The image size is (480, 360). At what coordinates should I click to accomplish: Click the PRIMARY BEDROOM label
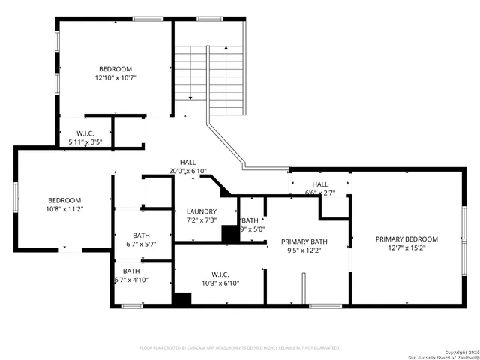pyautogui.click(x=406, y=239)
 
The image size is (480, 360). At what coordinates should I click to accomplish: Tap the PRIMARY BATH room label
pyautogui.click(x=304, y=241)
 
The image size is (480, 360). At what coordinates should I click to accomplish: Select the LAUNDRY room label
pyautogui.click(x=202, y=212)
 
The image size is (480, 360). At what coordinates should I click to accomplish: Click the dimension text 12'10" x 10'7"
pyautogui.click(x=115, y=77)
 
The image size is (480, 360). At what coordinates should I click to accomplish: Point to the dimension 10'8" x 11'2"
pyautogui.click(x=64, y=209)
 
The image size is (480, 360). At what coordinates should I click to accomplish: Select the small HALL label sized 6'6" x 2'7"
pyautogui.click(x=320, y=184)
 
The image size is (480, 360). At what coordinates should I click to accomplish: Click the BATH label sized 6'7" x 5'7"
pyautogui.click(x=141, y=235)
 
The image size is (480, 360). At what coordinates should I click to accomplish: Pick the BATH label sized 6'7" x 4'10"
pyautogui.click(x=131, y=271)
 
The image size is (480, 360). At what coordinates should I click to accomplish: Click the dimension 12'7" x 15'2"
pyautogui.click(x=406, y=248)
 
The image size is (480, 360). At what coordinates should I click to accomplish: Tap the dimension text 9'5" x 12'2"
pyautogui.click(x=304, y=250)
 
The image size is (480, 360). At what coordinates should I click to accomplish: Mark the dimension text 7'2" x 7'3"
pyautogui.click(x=202, y=220)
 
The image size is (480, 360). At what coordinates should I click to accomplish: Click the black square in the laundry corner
pyautogui.click(x=230, y=234)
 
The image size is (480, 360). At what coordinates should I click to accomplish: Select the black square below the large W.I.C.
pyautogui.click(x=182, y=298)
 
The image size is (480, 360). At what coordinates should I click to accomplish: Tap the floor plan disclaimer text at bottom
pyautogui.click(x=240, y=348)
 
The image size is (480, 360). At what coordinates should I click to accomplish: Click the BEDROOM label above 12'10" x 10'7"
pyautogui.click(x=115, y=68)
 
